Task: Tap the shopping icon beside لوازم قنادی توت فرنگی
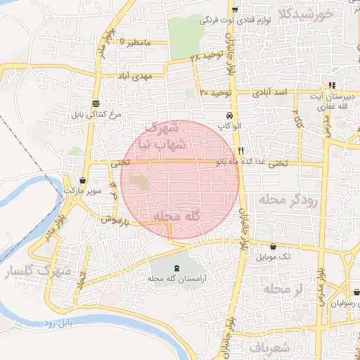[235, 9]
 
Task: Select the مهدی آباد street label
[134, 75]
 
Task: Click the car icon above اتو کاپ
[230, 115]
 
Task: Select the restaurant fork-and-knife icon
[241, 150]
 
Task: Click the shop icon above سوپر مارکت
[84, 180]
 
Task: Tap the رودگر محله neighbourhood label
[289, 200]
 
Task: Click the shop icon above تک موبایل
[273, 246]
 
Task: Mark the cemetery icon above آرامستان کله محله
[175, 268]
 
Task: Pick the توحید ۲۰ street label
[213, 92]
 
